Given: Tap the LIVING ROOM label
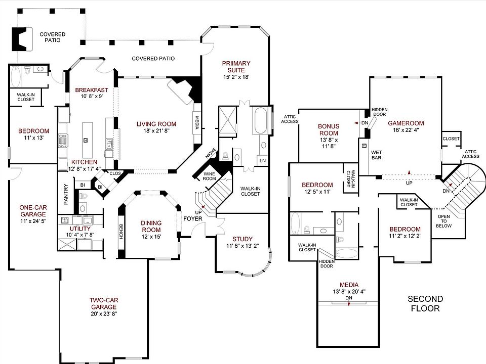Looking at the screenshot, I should pos(156,124).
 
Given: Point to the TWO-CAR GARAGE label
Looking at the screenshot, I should pos(104,303).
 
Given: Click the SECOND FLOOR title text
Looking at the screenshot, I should pos(425,303).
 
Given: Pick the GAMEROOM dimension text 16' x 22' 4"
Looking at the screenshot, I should pos(406,130).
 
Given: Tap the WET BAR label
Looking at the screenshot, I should pos(376,154).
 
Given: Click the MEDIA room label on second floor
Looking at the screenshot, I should pos(349,285).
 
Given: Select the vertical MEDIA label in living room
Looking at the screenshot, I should pos(197,123).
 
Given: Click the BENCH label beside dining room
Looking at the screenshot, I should pos(121,232).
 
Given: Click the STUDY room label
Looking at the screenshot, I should pos(242,239).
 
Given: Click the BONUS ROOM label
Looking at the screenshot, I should pos(329,129).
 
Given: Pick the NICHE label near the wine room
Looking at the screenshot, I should pos(210,153).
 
